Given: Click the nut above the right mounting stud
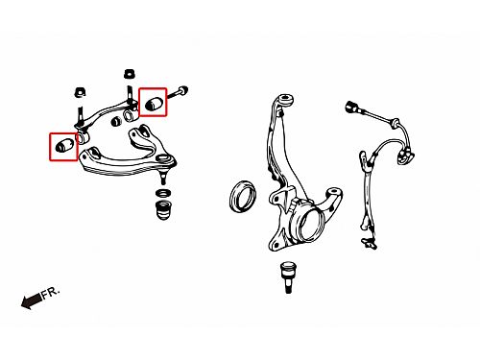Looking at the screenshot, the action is (x=129, y=74).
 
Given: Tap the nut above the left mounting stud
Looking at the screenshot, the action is (x=80, y=92).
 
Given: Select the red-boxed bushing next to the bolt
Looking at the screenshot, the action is (x=154, y=103).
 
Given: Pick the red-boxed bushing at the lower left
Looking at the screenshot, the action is (x=64, y=145).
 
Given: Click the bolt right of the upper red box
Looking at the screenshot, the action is (x=177, y=92).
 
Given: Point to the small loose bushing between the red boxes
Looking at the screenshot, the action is (x=116, y=121).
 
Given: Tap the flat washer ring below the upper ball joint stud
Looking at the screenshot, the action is (x=163, y=193).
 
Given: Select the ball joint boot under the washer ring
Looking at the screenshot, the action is (x=163, y=209).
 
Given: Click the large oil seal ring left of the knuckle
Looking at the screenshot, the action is (x=243, y=196).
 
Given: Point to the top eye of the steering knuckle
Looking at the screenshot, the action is (x=284, y=99).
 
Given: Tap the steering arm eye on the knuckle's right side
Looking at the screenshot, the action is (x=334, y=193).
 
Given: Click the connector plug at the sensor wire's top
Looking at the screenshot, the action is (x=352, y=107).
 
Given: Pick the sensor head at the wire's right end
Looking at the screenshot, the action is (x=405, y=157).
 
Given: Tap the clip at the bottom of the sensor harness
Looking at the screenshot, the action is (x=369, y=243).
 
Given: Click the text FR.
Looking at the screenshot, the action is (x=51, y=293).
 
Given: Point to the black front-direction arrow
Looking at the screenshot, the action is (x=31, y=301).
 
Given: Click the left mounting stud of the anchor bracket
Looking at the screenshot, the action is (x=80, y=116).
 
